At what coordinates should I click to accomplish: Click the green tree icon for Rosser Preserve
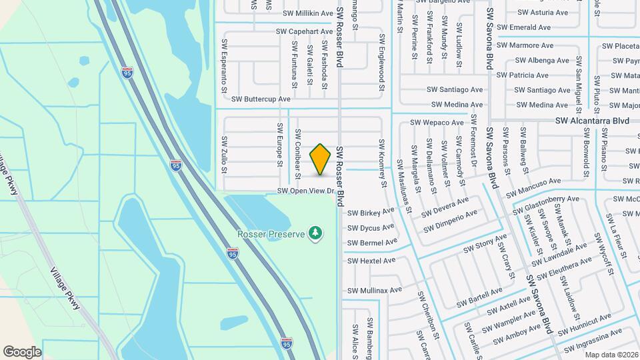[315, 233]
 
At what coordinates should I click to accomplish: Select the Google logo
[22, 351]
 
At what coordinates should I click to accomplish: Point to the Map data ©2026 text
[611, 354]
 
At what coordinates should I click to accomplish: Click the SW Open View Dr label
[305, 191]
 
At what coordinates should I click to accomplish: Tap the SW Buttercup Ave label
[261, 99]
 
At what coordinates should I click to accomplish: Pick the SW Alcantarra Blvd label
[593, 121]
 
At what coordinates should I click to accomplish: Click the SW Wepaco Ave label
[437, 123]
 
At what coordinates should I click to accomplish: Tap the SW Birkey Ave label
[371, 213]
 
